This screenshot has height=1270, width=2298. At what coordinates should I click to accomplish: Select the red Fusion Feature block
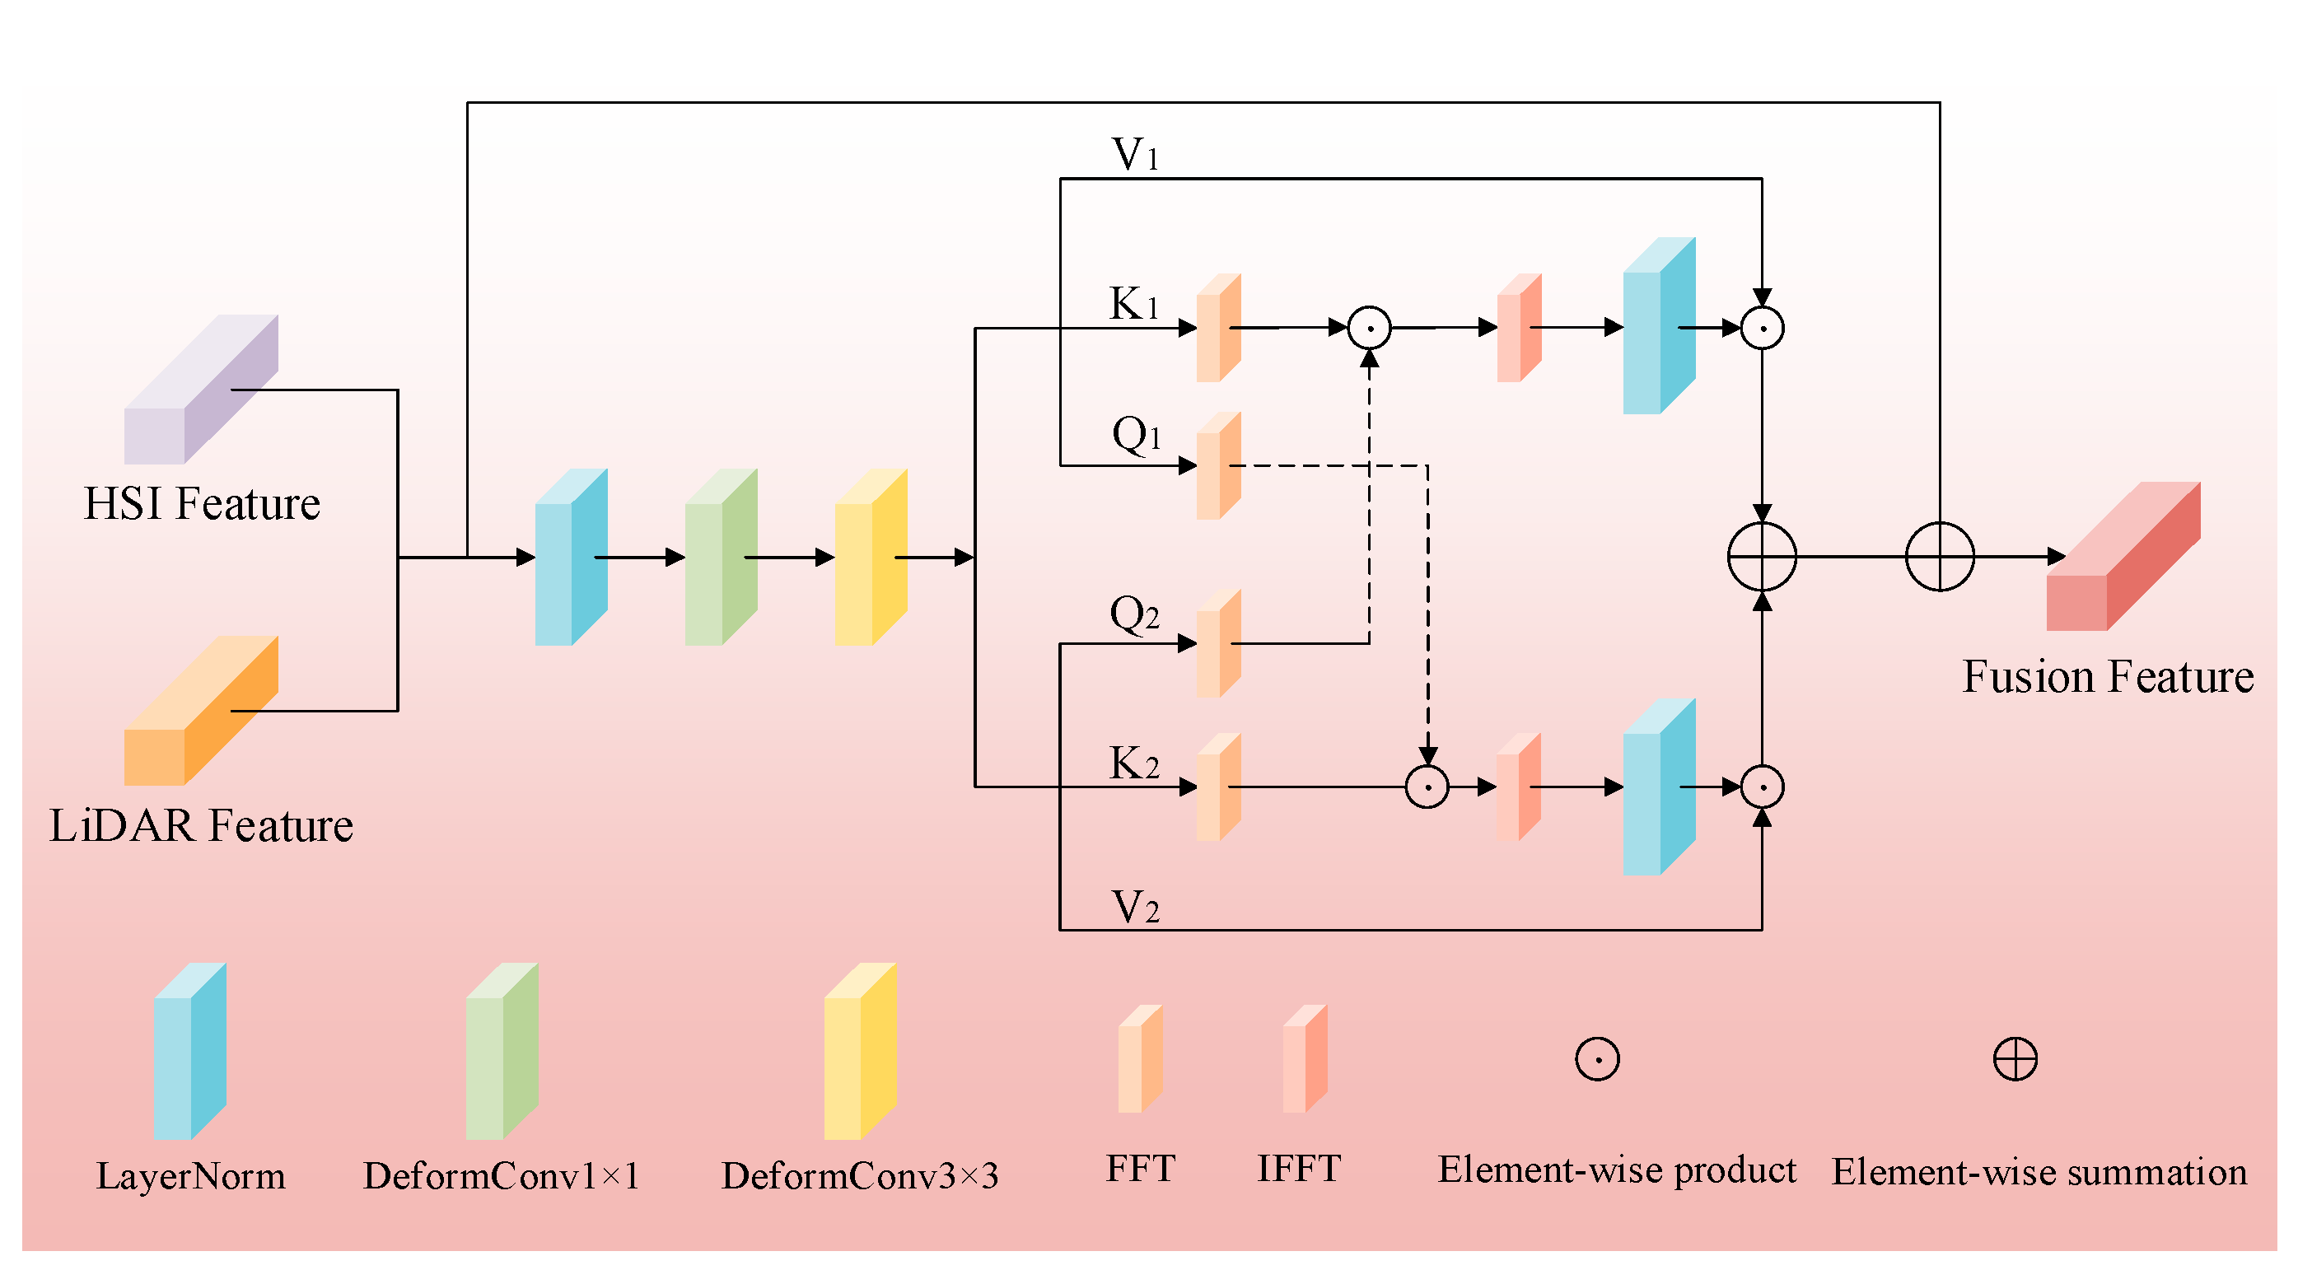pos(2123,557)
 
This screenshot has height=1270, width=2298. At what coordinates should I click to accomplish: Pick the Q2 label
pos(1134,614)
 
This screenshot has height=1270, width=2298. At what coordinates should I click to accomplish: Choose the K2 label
pos(1134,764)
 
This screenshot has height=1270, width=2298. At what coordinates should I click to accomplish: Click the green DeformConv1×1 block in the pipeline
pos(721,558)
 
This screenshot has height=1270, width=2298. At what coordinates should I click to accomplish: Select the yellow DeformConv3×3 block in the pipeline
pos(871,558)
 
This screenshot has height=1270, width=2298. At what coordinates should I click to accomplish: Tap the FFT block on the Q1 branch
pos(1218,465)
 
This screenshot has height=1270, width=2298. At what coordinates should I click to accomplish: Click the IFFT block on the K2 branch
pos(1518,787)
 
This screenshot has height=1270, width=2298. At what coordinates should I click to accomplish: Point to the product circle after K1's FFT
pos(1370,328)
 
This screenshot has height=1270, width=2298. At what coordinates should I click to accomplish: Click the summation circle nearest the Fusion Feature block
pos(1940,557)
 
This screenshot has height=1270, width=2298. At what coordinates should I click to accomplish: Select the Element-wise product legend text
pos(1617,1170)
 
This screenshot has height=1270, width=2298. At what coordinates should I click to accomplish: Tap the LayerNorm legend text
pos(191,1176)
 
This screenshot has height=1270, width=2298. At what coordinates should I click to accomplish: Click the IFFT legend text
pos(1299,1169)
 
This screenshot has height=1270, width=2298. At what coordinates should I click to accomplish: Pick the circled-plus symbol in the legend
pos(2015,1059)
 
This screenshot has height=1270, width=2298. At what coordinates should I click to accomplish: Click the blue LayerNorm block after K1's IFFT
pos(1660,326)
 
